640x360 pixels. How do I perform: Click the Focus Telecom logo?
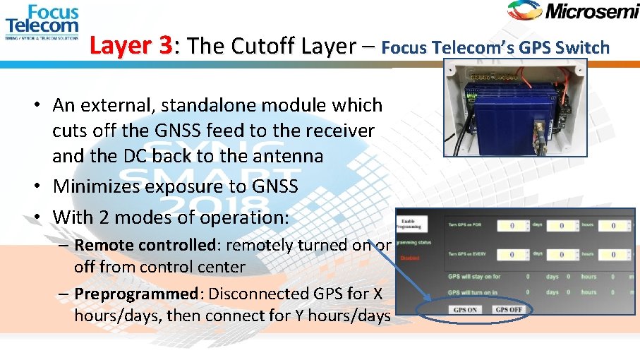pyautogui.click(x=42, y=22)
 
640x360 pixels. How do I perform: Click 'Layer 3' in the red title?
pyautogui.click(x=131, y=47)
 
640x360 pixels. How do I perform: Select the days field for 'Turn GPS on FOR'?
pyautogui.click(x=513, y=226)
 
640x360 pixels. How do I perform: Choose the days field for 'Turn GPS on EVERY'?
pyautogui.click(x=513, y=255)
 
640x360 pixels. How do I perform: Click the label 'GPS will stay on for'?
pyautogui.click(x=474, y=277)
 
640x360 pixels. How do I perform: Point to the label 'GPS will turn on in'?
pyautogui.click(x=473, y=292)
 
